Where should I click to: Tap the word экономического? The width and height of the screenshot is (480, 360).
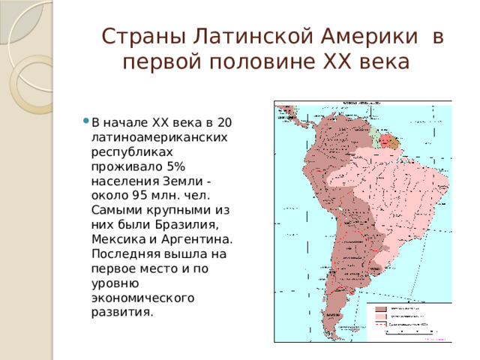point(142,298)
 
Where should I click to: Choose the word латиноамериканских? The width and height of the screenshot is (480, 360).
point(160,137)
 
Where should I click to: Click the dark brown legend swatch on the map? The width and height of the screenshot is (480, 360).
point(380,308)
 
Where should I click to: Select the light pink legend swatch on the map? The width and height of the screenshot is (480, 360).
point(380,316)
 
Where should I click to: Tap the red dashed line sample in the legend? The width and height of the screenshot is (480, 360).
point(380,325)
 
